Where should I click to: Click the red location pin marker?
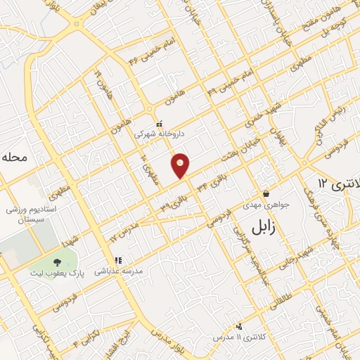pos(181,165)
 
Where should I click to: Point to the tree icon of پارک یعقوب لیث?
pos(57,262)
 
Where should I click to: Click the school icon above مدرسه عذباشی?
pos(119,260)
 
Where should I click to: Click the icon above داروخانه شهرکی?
pos(159,124)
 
